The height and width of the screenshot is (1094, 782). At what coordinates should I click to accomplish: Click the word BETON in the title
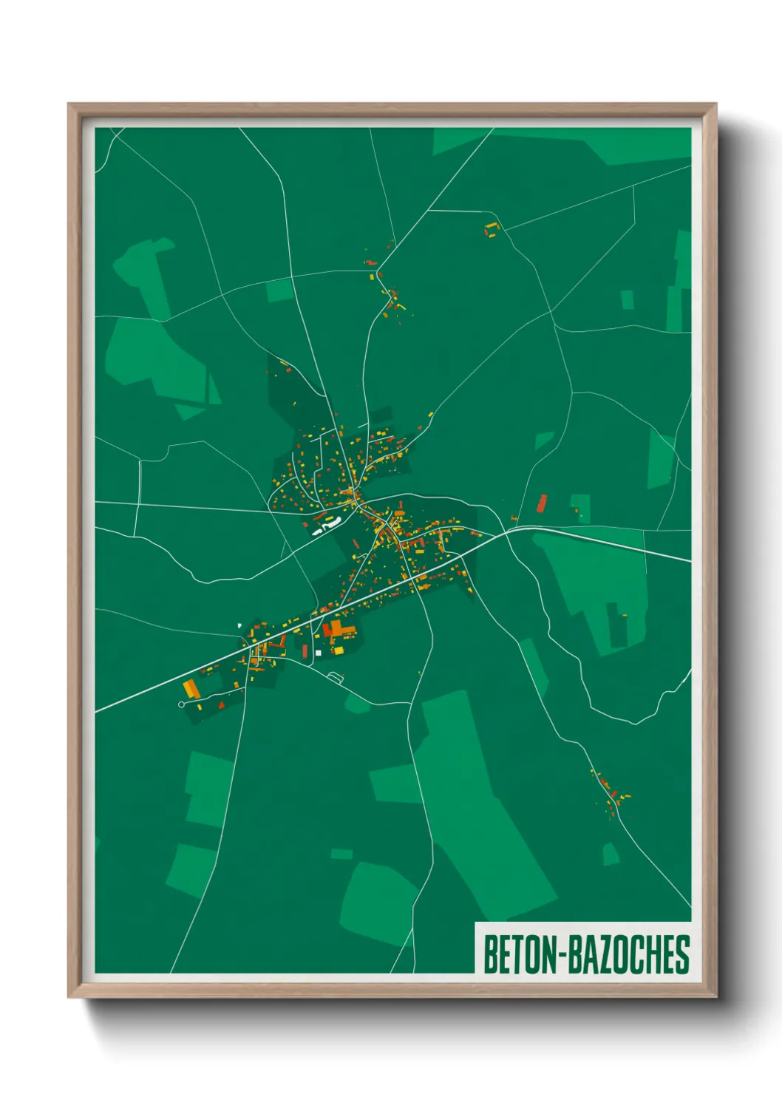(521, 954)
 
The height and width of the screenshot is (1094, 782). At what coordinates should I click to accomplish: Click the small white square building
(319, 653)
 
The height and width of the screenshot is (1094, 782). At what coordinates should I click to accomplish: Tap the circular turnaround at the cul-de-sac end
(181, 704)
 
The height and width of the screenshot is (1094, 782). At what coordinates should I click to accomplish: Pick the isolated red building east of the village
(541, 503)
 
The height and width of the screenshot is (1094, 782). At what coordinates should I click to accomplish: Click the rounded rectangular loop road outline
(336, 676)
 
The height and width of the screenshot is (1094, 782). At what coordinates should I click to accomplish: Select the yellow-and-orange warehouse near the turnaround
(191, 689)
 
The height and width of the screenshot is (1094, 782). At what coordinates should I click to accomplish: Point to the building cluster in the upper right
(492, 229)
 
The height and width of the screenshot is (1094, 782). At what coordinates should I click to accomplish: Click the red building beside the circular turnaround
(200, 705)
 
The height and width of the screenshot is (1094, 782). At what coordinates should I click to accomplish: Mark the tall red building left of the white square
(305, 650)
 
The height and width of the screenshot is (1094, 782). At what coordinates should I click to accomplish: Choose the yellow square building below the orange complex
(336, 650)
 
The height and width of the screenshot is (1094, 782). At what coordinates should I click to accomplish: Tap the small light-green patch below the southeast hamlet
(611, 855)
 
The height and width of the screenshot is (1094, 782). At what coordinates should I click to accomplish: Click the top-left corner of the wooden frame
(69, 105)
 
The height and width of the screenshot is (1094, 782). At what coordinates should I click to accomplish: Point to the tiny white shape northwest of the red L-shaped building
(239, 626)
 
